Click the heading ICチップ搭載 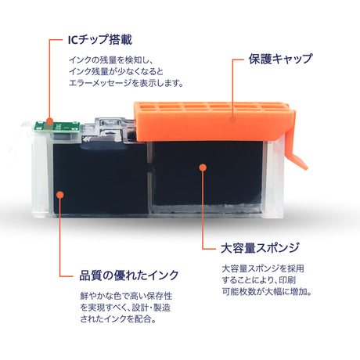100,40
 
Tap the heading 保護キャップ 280,59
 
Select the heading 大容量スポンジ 260,247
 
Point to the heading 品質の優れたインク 129,275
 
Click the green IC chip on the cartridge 57,127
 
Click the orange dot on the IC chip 49,121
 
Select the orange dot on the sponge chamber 203,167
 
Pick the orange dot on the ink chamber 60,195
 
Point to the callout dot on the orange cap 232,121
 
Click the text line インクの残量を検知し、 111,60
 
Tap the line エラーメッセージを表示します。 126,83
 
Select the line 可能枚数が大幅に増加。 267,292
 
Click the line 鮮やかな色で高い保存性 126,296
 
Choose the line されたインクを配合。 118,319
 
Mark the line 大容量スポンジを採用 263,268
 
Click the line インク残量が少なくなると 116,72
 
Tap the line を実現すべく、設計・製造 125,308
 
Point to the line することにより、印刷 259,280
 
